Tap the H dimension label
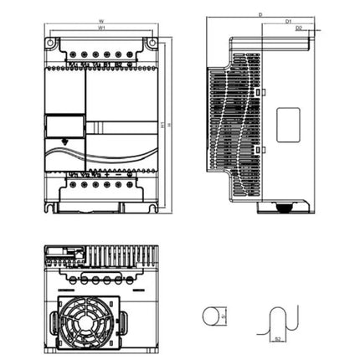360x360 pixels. [170, 126]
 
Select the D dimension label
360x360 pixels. [260, 14]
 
